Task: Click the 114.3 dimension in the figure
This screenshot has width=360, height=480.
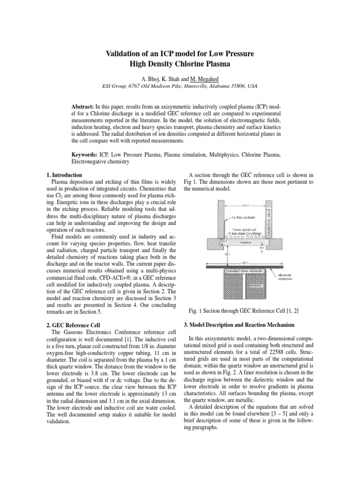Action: [245, 205]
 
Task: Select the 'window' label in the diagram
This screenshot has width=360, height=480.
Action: [245, 242]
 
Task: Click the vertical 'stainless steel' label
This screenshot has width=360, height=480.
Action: [270, 218]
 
